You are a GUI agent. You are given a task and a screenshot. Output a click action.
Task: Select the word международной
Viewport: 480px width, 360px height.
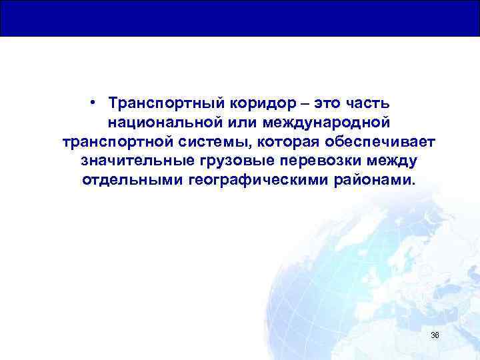(333, 124)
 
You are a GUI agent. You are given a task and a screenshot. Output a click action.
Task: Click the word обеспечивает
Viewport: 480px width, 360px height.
(379, 143)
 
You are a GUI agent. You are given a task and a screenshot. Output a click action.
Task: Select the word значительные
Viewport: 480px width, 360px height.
(137, 162)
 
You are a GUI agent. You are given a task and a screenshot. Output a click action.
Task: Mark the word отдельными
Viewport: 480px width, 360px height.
(123, 181)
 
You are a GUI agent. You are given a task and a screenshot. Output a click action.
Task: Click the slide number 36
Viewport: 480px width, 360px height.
(435, 335)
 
